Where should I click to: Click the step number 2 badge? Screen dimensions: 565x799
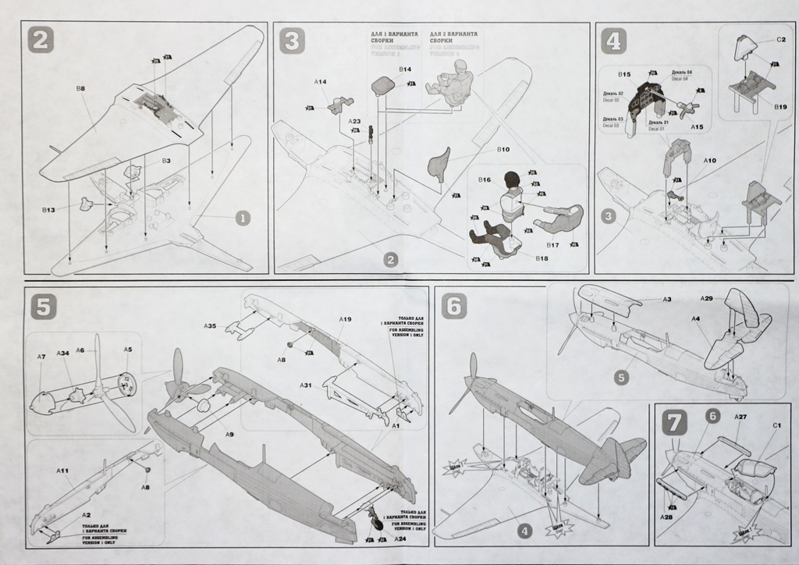(41, 39)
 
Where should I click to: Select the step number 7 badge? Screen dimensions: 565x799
(673, 422)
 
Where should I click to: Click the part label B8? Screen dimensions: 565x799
(80, 90)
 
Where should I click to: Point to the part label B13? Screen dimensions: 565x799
(48, 210)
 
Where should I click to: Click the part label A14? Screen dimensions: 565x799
(320, 81)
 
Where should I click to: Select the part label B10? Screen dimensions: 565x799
(503, 148)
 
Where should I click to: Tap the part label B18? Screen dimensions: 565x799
(542, 258)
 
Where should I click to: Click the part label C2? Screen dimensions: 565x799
(780, 39)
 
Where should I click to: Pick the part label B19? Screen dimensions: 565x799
(780, 106)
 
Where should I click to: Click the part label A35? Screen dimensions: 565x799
(210, 325)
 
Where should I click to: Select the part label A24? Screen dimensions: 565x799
(399, 539)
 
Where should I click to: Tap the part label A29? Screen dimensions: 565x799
(706, 299)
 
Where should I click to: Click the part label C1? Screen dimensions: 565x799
(776, 425)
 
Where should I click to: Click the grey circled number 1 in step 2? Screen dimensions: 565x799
(242, 218)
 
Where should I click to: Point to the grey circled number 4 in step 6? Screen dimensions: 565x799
(525, 531)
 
